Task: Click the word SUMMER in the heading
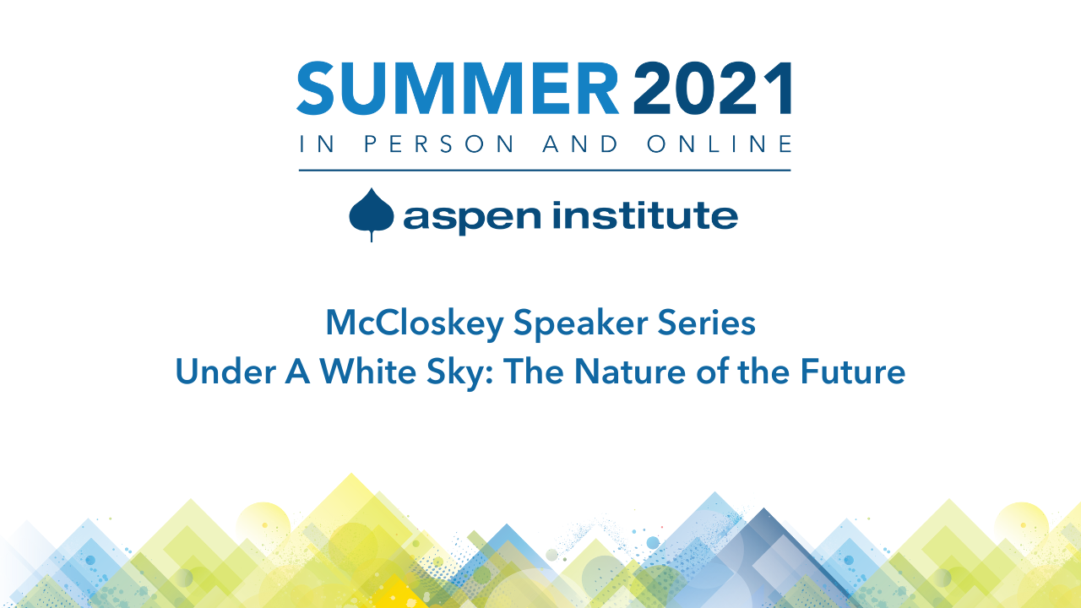458,89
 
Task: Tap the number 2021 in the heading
712,89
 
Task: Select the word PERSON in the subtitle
439,144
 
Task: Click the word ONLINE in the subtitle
720,144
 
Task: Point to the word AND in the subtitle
580,144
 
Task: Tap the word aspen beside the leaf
472,218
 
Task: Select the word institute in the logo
645,214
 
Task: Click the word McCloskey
415,323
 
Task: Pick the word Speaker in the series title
580,323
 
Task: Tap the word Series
707,323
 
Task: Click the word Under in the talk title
225,372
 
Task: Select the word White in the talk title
367,372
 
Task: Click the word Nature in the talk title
630,372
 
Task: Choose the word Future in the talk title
853,372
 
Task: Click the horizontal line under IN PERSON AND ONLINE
545,171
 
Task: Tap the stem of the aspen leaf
371,236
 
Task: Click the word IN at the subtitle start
317,144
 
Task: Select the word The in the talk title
533,372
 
